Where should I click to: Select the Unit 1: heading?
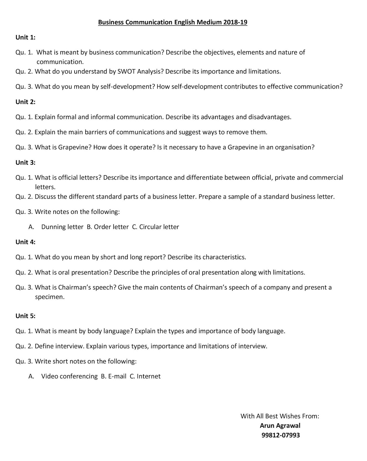pyautogui.click(x=25, y=37)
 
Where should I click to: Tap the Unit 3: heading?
pyautogui.click(x=25, y=163)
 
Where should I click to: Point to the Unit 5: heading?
pyautogui.click(x=25, y=316)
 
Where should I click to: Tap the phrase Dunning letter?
pyautogui.click(x=62, y=227)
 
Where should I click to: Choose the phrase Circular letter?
pyautogui.click(x=159, y=227)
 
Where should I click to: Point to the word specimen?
pyautogui.click(x=50, y=297)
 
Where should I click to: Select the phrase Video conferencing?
pyautogui.click(x=69, y=376)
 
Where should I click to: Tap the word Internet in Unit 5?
pyautogui.click(x=149, y=376)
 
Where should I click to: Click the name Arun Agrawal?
pyautogui.click(x=280, y=426)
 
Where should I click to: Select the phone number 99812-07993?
pyautogui.click(x=280, y=435)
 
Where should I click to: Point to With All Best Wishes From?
pyautogui.click(x=280, y=416)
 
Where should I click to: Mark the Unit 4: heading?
pyautogui.click(x=25, y=242)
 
